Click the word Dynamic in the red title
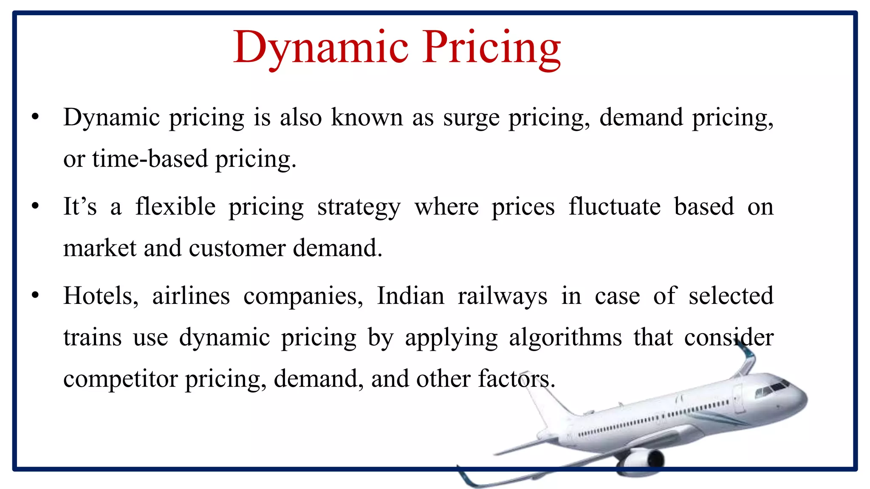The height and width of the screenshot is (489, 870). click(x=321, y=48)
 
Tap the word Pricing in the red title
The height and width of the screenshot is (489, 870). click(x=491, y=48)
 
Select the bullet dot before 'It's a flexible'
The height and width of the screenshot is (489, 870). click(x=35, y=207)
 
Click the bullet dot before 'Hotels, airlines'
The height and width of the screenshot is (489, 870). click(x=35, y=296)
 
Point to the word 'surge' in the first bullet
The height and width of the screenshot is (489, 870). click(x=471, y=118)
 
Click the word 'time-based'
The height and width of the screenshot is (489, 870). click(x=150, y=160)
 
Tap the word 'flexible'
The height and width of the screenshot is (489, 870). click(x=175, y=207)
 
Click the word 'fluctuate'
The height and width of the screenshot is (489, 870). click(x=614, y=207)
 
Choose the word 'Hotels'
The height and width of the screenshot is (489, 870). click(x=101, y=296)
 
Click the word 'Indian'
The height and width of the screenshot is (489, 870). click(x=410, y=296)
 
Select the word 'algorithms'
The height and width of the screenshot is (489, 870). click(x=565, y=338)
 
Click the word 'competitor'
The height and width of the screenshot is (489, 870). click(x=120, y=379)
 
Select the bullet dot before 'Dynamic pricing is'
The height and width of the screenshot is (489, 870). click(x=35, y=117)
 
